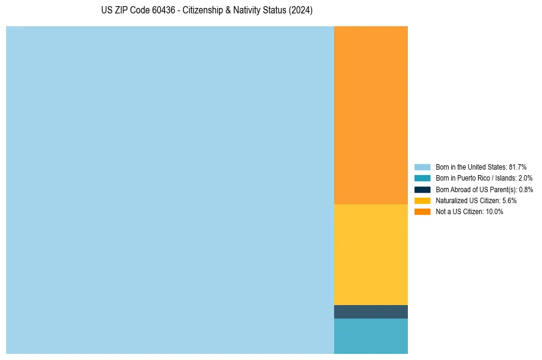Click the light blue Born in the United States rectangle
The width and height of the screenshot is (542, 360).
coord(170,190)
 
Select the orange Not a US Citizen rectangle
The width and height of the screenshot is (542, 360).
coord(371,115)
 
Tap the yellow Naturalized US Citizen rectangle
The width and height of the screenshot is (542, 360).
coord(371,254)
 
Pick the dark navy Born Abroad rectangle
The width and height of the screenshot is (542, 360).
coord(371,312)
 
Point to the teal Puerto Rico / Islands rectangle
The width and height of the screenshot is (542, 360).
coord(371,336)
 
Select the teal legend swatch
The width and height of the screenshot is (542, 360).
coord(423,178)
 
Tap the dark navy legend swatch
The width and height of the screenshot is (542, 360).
coord(423,190)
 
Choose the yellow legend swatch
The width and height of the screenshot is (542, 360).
coord(423,201)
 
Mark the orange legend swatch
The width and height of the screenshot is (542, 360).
coord(423,212)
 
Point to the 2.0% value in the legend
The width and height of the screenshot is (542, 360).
coord(525,178)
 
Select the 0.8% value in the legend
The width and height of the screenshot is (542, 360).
coord(526,190)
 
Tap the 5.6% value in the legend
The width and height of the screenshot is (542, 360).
coord(510,201)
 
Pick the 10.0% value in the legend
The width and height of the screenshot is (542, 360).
coord(494,212)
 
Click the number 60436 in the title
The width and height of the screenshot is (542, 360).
coord(162,11)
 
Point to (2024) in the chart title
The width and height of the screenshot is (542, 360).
coord(301,11)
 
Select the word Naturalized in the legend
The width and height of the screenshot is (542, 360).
coord(451,201)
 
